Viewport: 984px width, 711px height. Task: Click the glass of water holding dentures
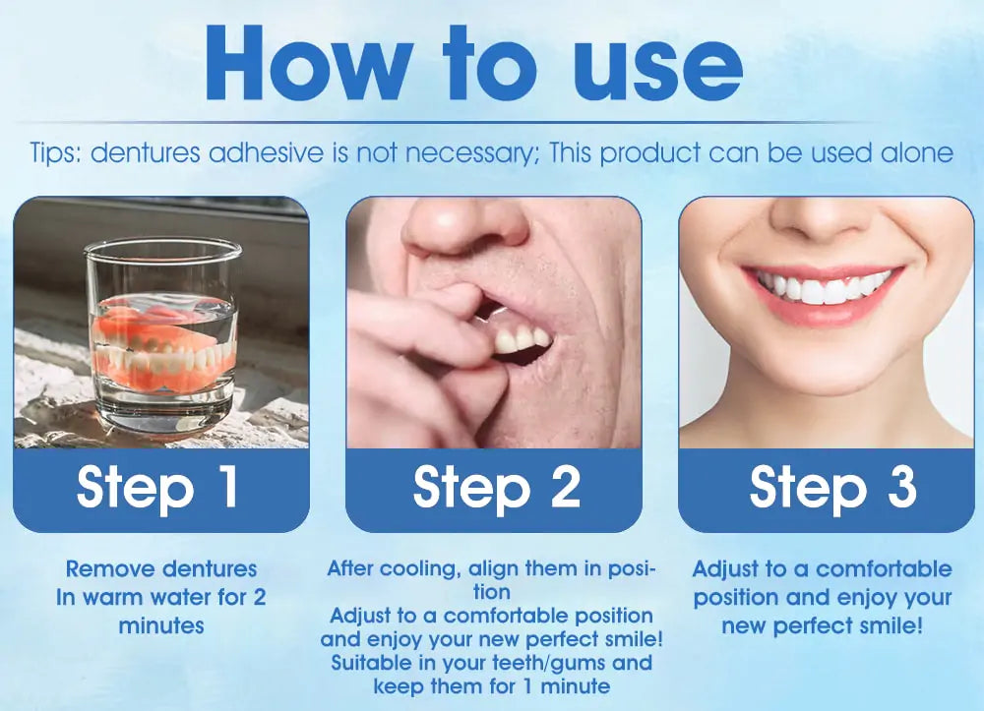click(x=162, y=332)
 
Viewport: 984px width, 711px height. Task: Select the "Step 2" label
click(x=496, y=487)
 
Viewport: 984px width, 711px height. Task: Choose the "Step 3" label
click(x=832, y=487)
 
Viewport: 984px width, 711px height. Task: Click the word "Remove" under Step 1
click(x=110, y=568)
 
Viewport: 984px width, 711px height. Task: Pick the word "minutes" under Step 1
click(x=161, y=625)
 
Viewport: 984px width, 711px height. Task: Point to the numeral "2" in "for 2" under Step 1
click(x=260, y=597)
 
